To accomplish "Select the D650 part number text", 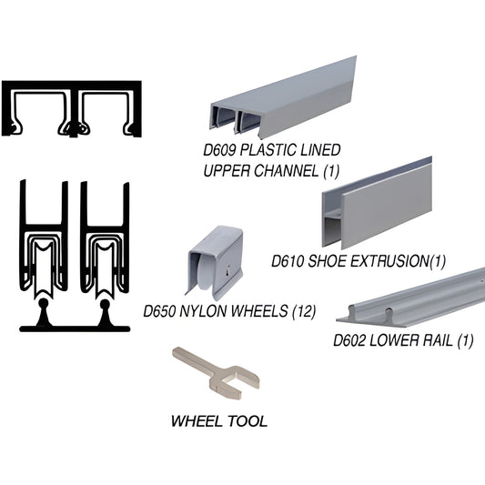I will coord(161,312).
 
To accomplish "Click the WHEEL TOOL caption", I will coord(219,421).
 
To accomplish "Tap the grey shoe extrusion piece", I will coord(375,206).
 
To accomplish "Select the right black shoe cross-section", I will coord(104,250).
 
